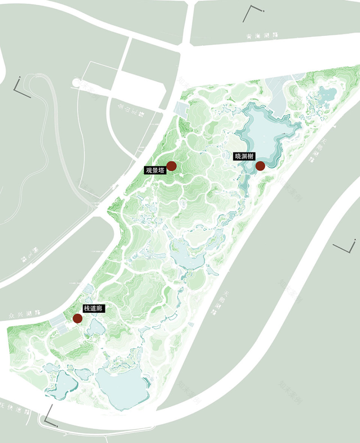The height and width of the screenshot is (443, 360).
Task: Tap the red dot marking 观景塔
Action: click(171, 166)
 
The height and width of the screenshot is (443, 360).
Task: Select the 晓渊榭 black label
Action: click(245, 156)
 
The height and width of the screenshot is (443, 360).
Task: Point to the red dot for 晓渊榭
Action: click(260, 165)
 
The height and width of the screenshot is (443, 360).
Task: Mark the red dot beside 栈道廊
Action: click(77, 318)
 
